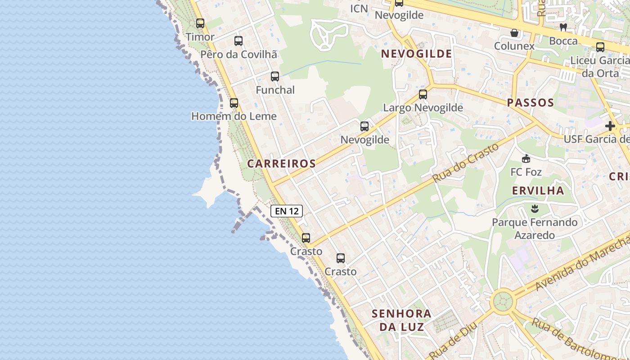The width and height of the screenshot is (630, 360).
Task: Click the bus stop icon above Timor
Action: pos(200,23)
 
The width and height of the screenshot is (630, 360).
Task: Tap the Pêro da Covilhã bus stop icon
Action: pos(238,41)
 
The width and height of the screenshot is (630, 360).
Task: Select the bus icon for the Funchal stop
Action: pos(275,76)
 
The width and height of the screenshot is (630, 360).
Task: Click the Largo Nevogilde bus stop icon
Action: pos(423,94)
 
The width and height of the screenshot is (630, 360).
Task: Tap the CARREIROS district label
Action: pos(282,163)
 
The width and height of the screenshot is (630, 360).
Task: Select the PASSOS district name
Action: pos(531,103)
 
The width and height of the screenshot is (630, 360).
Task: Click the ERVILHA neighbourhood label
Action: pos(538,190)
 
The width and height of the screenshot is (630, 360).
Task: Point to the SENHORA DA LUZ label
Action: pos(401,320)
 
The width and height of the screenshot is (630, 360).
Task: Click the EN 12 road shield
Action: pos(286,211)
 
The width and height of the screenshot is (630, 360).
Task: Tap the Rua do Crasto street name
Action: pos(466,162)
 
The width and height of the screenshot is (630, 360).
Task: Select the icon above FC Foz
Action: pos(526,159)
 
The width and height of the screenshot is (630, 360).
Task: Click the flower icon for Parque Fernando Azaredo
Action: pos(535,209)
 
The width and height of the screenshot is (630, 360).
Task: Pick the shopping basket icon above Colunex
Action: pos(514,33)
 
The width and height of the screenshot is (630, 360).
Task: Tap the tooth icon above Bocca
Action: pos(563,27)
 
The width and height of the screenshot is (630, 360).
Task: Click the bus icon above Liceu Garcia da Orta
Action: pos(600,47)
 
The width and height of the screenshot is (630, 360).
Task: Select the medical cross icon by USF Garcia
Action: pos(610,126)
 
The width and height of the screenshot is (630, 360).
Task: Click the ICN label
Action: pos(359,8)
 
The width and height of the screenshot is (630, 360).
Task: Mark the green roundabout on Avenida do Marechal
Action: pos(502,301)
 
